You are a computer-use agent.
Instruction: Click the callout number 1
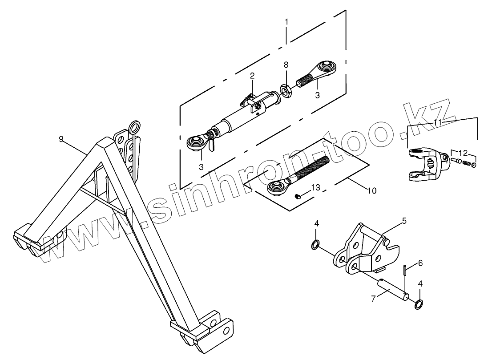[286, 22]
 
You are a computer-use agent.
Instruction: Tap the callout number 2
[252, 76]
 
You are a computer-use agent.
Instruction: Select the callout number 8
[286, 65]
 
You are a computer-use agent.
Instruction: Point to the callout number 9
[61, 139]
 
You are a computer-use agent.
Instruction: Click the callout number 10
[372, 191]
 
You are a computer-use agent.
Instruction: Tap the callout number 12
[464, 153]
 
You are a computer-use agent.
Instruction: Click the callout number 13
[315, 188]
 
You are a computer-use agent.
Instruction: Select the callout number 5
[404, 221]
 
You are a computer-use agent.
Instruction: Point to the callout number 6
[420, 263]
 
